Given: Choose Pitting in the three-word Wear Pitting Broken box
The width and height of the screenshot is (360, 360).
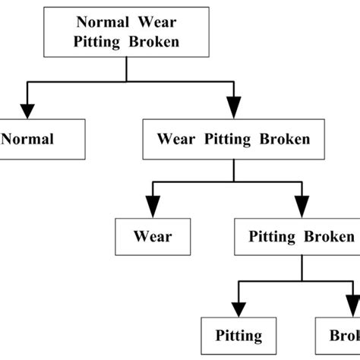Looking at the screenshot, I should tap(230, 139).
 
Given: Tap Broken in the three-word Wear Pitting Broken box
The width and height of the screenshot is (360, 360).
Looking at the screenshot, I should tap(284, 139).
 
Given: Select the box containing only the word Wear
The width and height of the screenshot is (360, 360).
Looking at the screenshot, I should tap(153, 236).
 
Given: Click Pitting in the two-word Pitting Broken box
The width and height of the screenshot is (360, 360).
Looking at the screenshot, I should tap(272, 236).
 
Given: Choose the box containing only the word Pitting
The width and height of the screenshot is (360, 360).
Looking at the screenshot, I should tap(238, 335).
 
